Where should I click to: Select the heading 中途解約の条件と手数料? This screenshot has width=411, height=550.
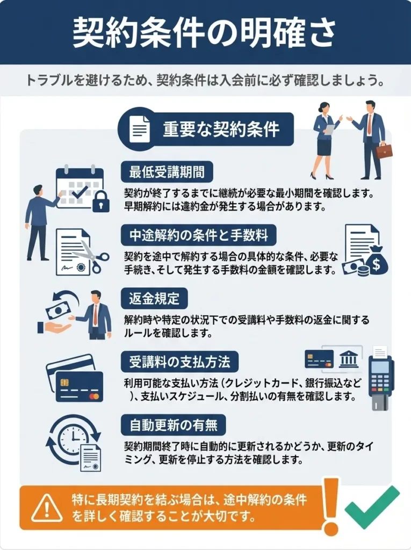click(x=199, y=235)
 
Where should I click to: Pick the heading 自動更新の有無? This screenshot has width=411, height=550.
click(x=174, y=425)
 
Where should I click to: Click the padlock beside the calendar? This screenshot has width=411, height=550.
click(x=100, y=202)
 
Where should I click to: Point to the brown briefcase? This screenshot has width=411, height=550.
click(x=384, y=151)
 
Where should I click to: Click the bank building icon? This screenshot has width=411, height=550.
click(x=349, y=359)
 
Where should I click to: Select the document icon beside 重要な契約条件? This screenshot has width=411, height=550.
click(x=139, y=129)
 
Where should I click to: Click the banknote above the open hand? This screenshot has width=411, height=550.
click(x=59, y=309)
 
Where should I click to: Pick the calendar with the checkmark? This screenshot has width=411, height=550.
click(x=79, y=187)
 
